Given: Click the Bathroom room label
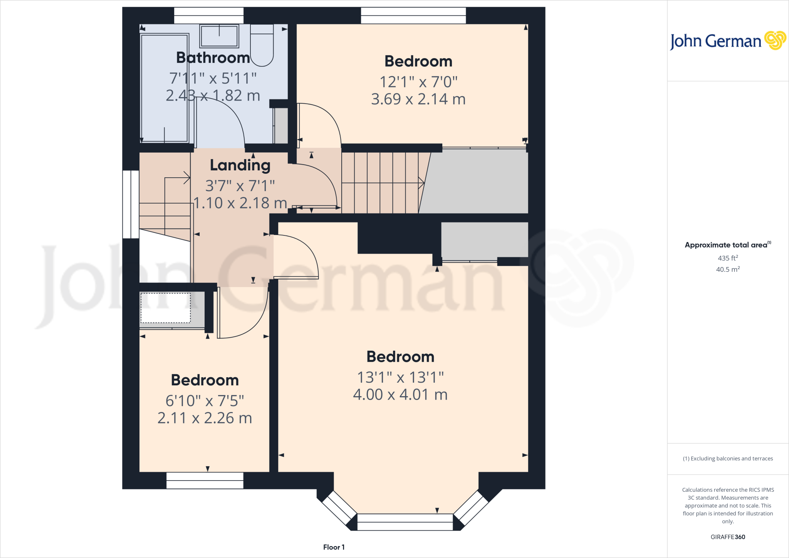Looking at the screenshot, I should (x=213, y=58).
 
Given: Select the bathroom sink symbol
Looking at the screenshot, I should (x=219, y=36).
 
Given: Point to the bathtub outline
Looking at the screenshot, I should (x=165, y=88).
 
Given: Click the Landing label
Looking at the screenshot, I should (x=240, y=165).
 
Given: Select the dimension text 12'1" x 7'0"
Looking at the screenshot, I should (x=418, y=82).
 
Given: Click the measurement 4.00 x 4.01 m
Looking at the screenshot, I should (x=400, y=395).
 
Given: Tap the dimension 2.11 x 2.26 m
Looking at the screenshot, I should (x=205, y=418).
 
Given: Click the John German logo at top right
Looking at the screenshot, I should (x=727, y=41).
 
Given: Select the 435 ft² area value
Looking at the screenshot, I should (x=727, y=258).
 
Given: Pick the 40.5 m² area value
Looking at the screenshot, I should (x=727, y=269).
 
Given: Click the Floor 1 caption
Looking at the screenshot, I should (x=334, y=547).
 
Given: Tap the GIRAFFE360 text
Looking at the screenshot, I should (x=727, y=537).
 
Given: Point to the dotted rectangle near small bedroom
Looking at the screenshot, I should (x=166, y=308).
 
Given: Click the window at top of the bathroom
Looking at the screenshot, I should (x=208, y=15).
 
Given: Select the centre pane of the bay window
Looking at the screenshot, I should (x=405, y=522).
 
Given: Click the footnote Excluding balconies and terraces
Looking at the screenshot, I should (x=727, y=459).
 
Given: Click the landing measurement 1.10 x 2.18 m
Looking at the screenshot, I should (x=240, y=203).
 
